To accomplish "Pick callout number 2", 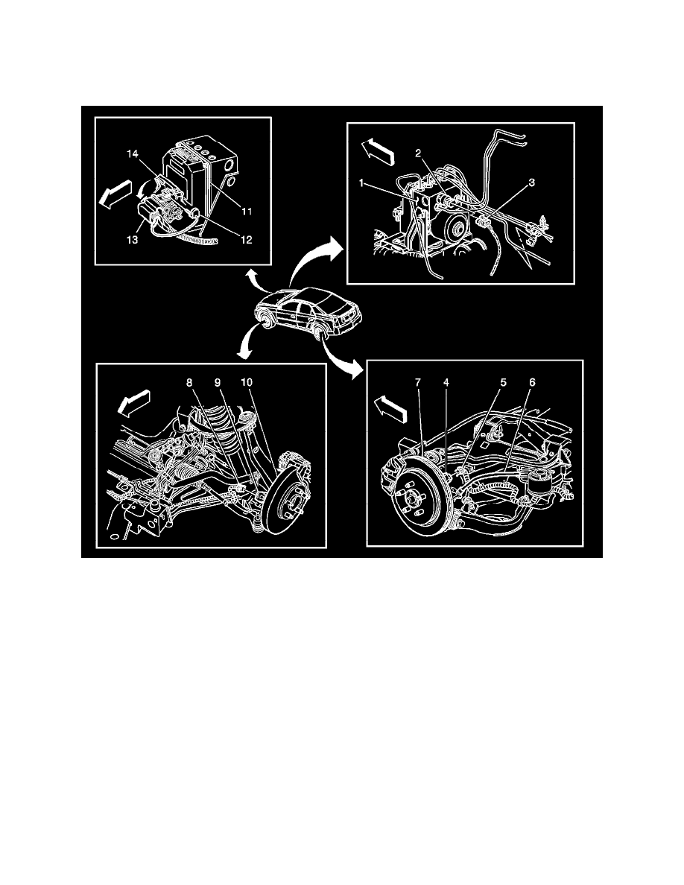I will coord(419,153).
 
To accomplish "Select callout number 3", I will coord(532,181).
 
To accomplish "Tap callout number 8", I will coord(189,382).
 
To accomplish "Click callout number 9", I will coord(218,382).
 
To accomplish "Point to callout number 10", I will coord(247,382).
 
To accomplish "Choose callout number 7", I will coord(418,382).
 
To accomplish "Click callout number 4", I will coord(446,382).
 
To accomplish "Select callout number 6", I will coord(531,382).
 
